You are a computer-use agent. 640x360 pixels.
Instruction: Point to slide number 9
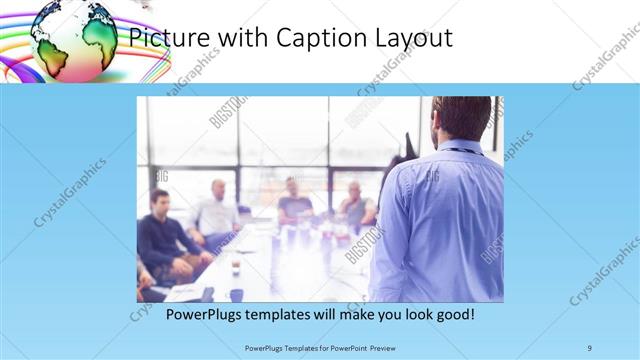(x=590, y=347)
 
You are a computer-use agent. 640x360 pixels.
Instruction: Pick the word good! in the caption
(x=451, y=314)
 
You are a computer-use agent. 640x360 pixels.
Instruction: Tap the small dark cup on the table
(x=234, y=268)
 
